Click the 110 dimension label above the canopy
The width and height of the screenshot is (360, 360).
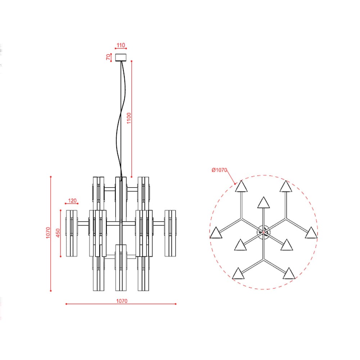pyautogui.click(x=121, y=45)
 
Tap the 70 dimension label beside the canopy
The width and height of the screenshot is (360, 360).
pyautogui.click(x=108, y=57)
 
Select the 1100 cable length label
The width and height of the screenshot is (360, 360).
pyautogui.click(x=129, y=118)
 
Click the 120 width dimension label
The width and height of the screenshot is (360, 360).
pyautogui.click(x=72, y=201)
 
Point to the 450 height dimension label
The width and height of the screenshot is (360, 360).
pyautogui.click(x=58, y=233)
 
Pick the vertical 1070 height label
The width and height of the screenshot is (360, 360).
pyautogui.click(x=48, y=233)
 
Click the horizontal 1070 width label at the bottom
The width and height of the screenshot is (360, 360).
pyautogui.click(x=122, y=301)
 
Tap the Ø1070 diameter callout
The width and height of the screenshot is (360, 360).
pyautogui.click(x=219, y=170)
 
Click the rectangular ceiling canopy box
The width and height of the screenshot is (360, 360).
pyautogui.click(x=121, y=57)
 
